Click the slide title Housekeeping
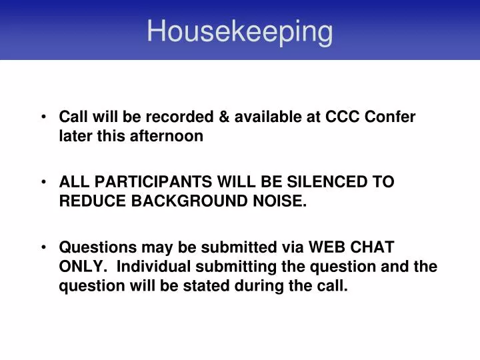(239, 31)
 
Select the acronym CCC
(342, 117)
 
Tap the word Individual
(155, 267)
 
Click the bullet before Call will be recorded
(43, 117)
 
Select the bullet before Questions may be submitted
(43, 248)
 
